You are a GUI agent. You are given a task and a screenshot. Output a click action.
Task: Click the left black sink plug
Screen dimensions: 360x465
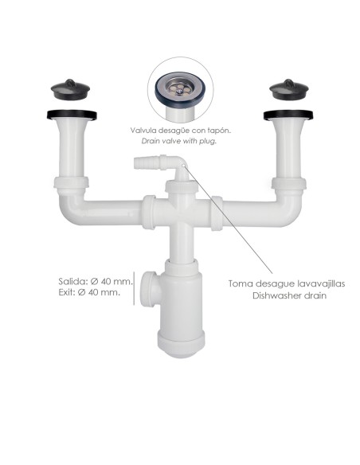tap(70, 89)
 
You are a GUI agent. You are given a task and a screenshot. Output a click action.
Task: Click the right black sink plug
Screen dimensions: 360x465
tap(289, 89)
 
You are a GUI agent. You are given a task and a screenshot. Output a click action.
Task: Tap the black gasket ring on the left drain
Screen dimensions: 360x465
tap(72, 115)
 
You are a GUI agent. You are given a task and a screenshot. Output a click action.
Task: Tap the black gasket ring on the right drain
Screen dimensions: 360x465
tap(288, 115)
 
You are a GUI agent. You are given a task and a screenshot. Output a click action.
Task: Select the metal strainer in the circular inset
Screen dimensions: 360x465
tap(180, 88)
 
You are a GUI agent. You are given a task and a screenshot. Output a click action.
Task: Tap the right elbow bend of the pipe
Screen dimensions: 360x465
tap(289, 209)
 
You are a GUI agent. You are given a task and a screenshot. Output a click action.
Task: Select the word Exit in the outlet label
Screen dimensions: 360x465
tap(67, 292)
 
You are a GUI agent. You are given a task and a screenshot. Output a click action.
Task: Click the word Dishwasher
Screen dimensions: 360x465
tap(274, 295)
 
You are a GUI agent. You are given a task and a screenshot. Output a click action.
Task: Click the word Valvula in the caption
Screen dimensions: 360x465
tap(143, 131)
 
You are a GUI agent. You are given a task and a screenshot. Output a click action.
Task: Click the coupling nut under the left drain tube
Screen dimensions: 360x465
tap(72, 182)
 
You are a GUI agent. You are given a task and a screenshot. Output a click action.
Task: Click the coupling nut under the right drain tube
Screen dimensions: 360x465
tap(289, 184)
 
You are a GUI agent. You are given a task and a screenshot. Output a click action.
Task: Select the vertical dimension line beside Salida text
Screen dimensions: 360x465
tap(134, 288)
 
